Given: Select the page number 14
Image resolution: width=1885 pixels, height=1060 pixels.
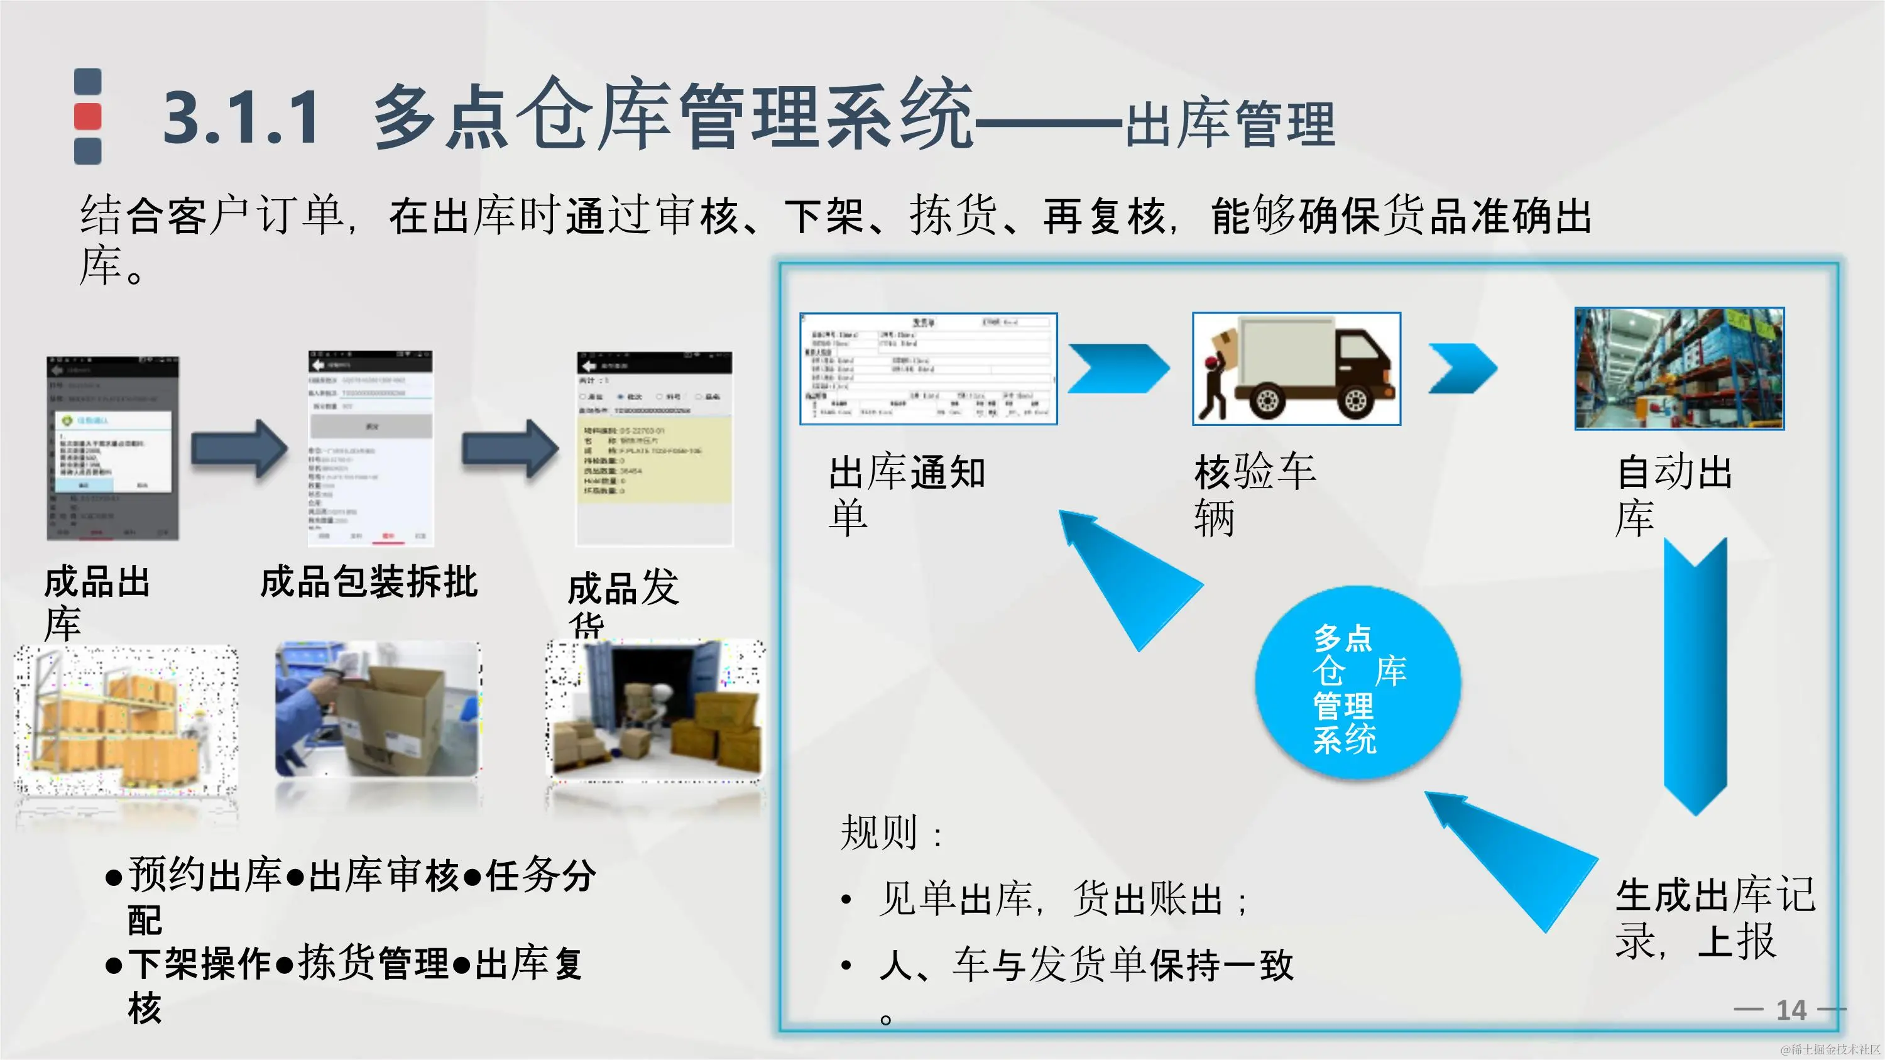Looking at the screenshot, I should tap(1791, 1010).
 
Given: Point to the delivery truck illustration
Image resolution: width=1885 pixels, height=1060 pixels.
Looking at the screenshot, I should tap(1296, 369).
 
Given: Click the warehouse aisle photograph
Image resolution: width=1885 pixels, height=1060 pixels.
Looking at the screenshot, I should tap(1679, 369).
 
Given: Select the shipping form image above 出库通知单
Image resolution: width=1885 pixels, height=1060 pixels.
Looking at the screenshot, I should tap(928, 369).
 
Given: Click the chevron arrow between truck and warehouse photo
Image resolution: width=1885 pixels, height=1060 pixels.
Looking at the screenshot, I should tap(1462, 369).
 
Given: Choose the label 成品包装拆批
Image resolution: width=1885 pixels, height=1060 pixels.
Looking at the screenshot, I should tap(369, 582).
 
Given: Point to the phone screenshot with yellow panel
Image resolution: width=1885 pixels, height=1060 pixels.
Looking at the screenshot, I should tap(654, 449).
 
